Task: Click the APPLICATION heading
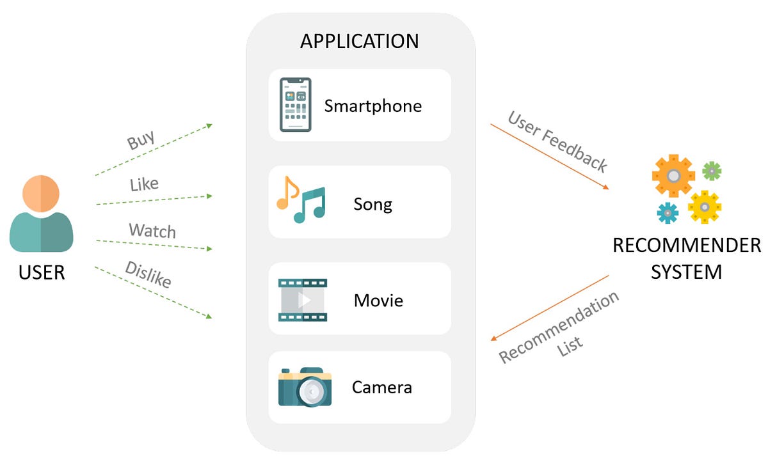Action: tap(359, 41)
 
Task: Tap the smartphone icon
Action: tap(295, 105)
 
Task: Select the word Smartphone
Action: tap(372, 106)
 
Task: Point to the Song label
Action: tap(372, 205)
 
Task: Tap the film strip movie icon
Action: tap(303, 299)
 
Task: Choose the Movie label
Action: tap(378, 300)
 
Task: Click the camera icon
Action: tap(305, 387)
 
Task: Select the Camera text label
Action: tap(381, 387)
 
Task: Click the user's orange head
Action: tap(41, 193)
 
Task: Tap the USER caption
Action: tap(42, 272)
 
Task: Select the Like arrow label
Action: tap(144, 185)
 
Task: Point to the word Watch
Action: tap(152, 230)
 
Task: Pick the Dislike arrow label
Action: tap(148, 274)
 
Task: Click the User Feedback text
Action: tap(557, 141)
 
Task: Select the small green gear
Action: tap(712, 171)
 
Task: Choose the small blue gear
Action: tap(668, 213)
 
